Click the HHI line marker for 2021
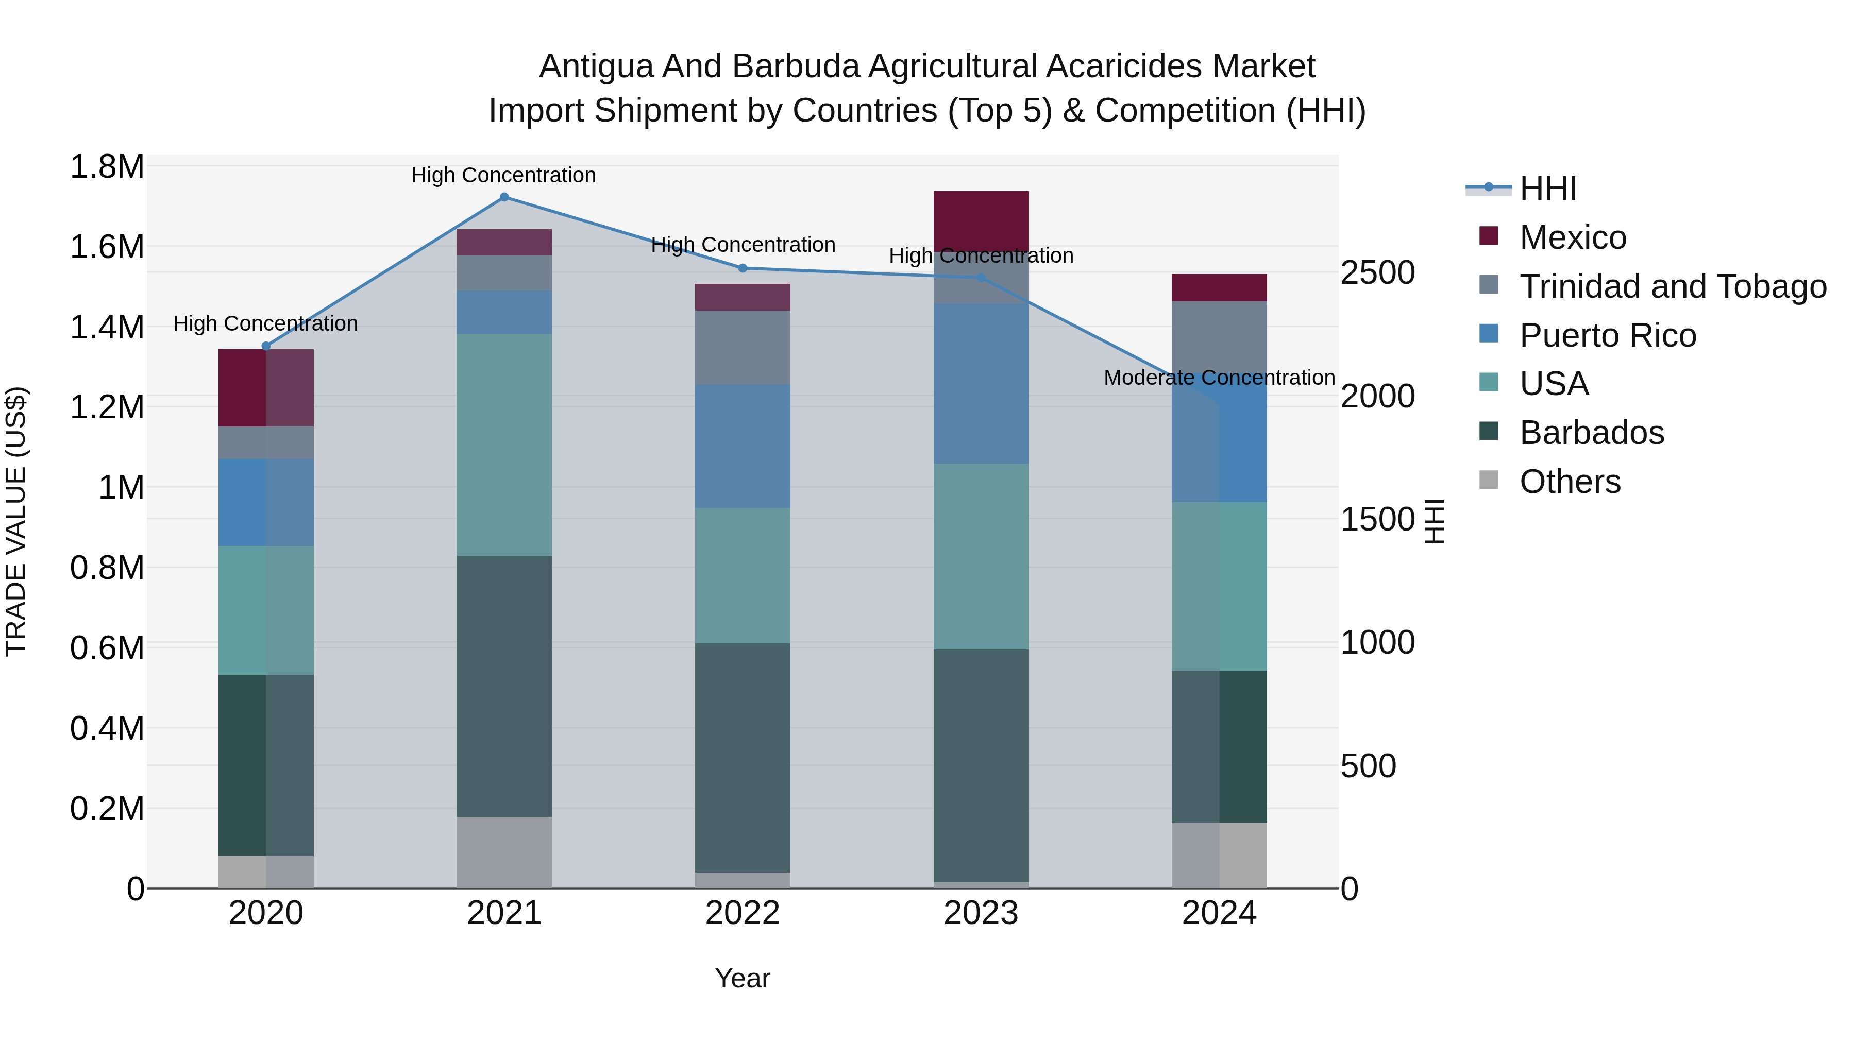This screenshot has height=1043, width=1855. [x=504, y=197]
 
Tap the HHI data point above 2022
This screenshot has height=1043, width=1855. [x=743, y=268]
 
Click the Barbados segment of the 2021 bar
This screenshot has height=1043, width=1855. [x=504, y=686]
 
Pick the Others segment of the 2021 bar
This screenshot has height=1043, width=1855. [x=504, y=852]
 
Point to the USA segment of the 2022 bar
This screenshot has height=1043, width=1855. [x=743, y=576]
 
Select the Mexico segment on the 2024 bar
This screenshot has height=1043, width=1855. [x=1219, y=288]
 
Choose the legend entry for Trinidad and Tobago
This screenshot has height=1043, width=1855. [x=1673, y=286]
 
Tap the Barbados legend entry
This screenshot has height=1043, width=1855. [x=1592, y=433]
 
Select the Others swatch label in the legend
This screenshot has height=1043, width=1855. [x=1570, y=482]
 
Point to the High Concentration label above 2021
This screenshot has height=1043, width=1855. [x=503, y=175]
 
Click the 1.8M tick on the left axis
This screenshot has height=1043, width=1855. [x=107, y=167]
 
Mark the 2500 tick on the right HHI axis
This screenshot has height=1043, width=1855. [x=1377, y=273]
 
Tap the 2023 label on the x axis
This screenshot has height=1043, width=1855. [x=981, y=913]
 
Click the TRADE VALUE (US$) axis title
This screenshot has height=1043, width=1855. [x=16, y=521]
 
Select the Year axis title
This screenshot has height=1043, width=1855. [x=743, y=978]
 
